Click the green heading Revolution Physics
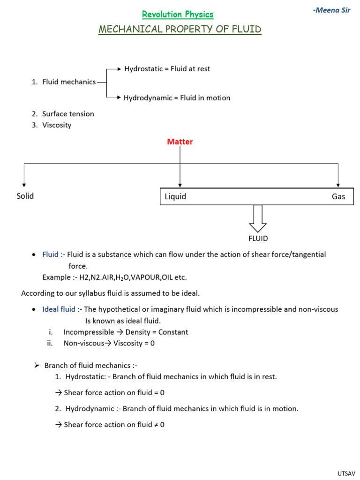tap(178, 15)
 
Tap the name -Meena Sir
tap(331, 10)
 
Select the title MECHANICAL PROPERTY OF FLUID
tap(180, 30)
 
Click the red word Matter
tap(180, 142)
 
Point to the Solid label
tap(25, 196)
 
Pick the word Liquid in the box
tap(175, 196)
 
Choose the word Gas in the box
tap(338, 196)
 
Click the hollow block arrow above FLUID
tap(258, 218)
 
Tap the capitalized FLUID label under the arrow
tap(258, 238)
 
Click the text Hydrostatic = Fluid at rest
tap(167, 69)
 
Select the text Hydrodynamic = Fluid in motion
tap(177, 98)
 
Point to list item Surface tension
tap(68, 114)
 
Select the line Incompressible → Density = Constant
tap(126, 332)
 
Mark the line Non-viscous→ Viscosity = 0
tap(109, 343)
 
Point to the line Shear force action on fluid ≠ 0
tap(114, 425)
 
